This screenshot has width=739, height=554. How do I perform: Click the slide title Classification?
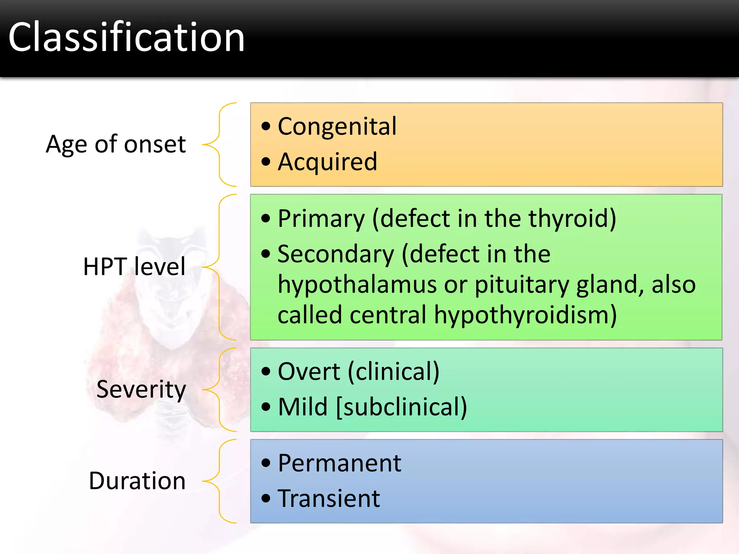(x=126, y=38)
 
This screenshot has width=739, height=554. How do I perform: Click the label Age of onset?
(x=116, y=144)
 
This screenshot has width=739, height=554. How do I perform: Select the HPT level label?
(x=134, y=267)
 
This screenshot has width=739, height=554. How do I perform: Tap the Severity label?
(x=141, y=390)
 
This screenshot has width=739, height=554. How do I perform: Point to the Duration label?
(x=137, y=481)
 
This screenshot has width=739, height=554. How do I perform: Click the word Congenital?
(x=337, y=127)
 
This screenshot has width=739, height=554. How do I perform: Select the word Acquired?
(x=327, y=162)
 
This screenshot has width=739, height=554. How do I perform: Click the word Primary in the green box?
(x=322, y=219)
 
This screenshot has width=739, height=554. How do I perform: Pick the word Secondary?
(x=336, y=254)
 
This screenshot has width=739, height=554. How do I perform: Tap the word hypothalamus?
(x=357, y=285)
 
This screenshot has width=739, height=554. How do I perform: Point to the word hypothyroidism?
(x=525, y=315)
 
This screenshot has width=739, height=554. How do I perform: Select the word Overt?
(x=309, y=371)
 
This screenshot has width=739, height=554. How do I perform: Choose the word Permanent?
(x=339, y=463)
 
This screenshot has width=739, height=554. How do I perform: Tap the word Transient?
(x=329, y=499)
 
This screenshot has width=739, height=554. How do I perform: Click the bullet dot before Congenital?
(x=266, y=127)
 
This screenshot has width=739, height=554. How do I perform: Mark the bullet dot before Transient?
(x=266, y=499)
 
